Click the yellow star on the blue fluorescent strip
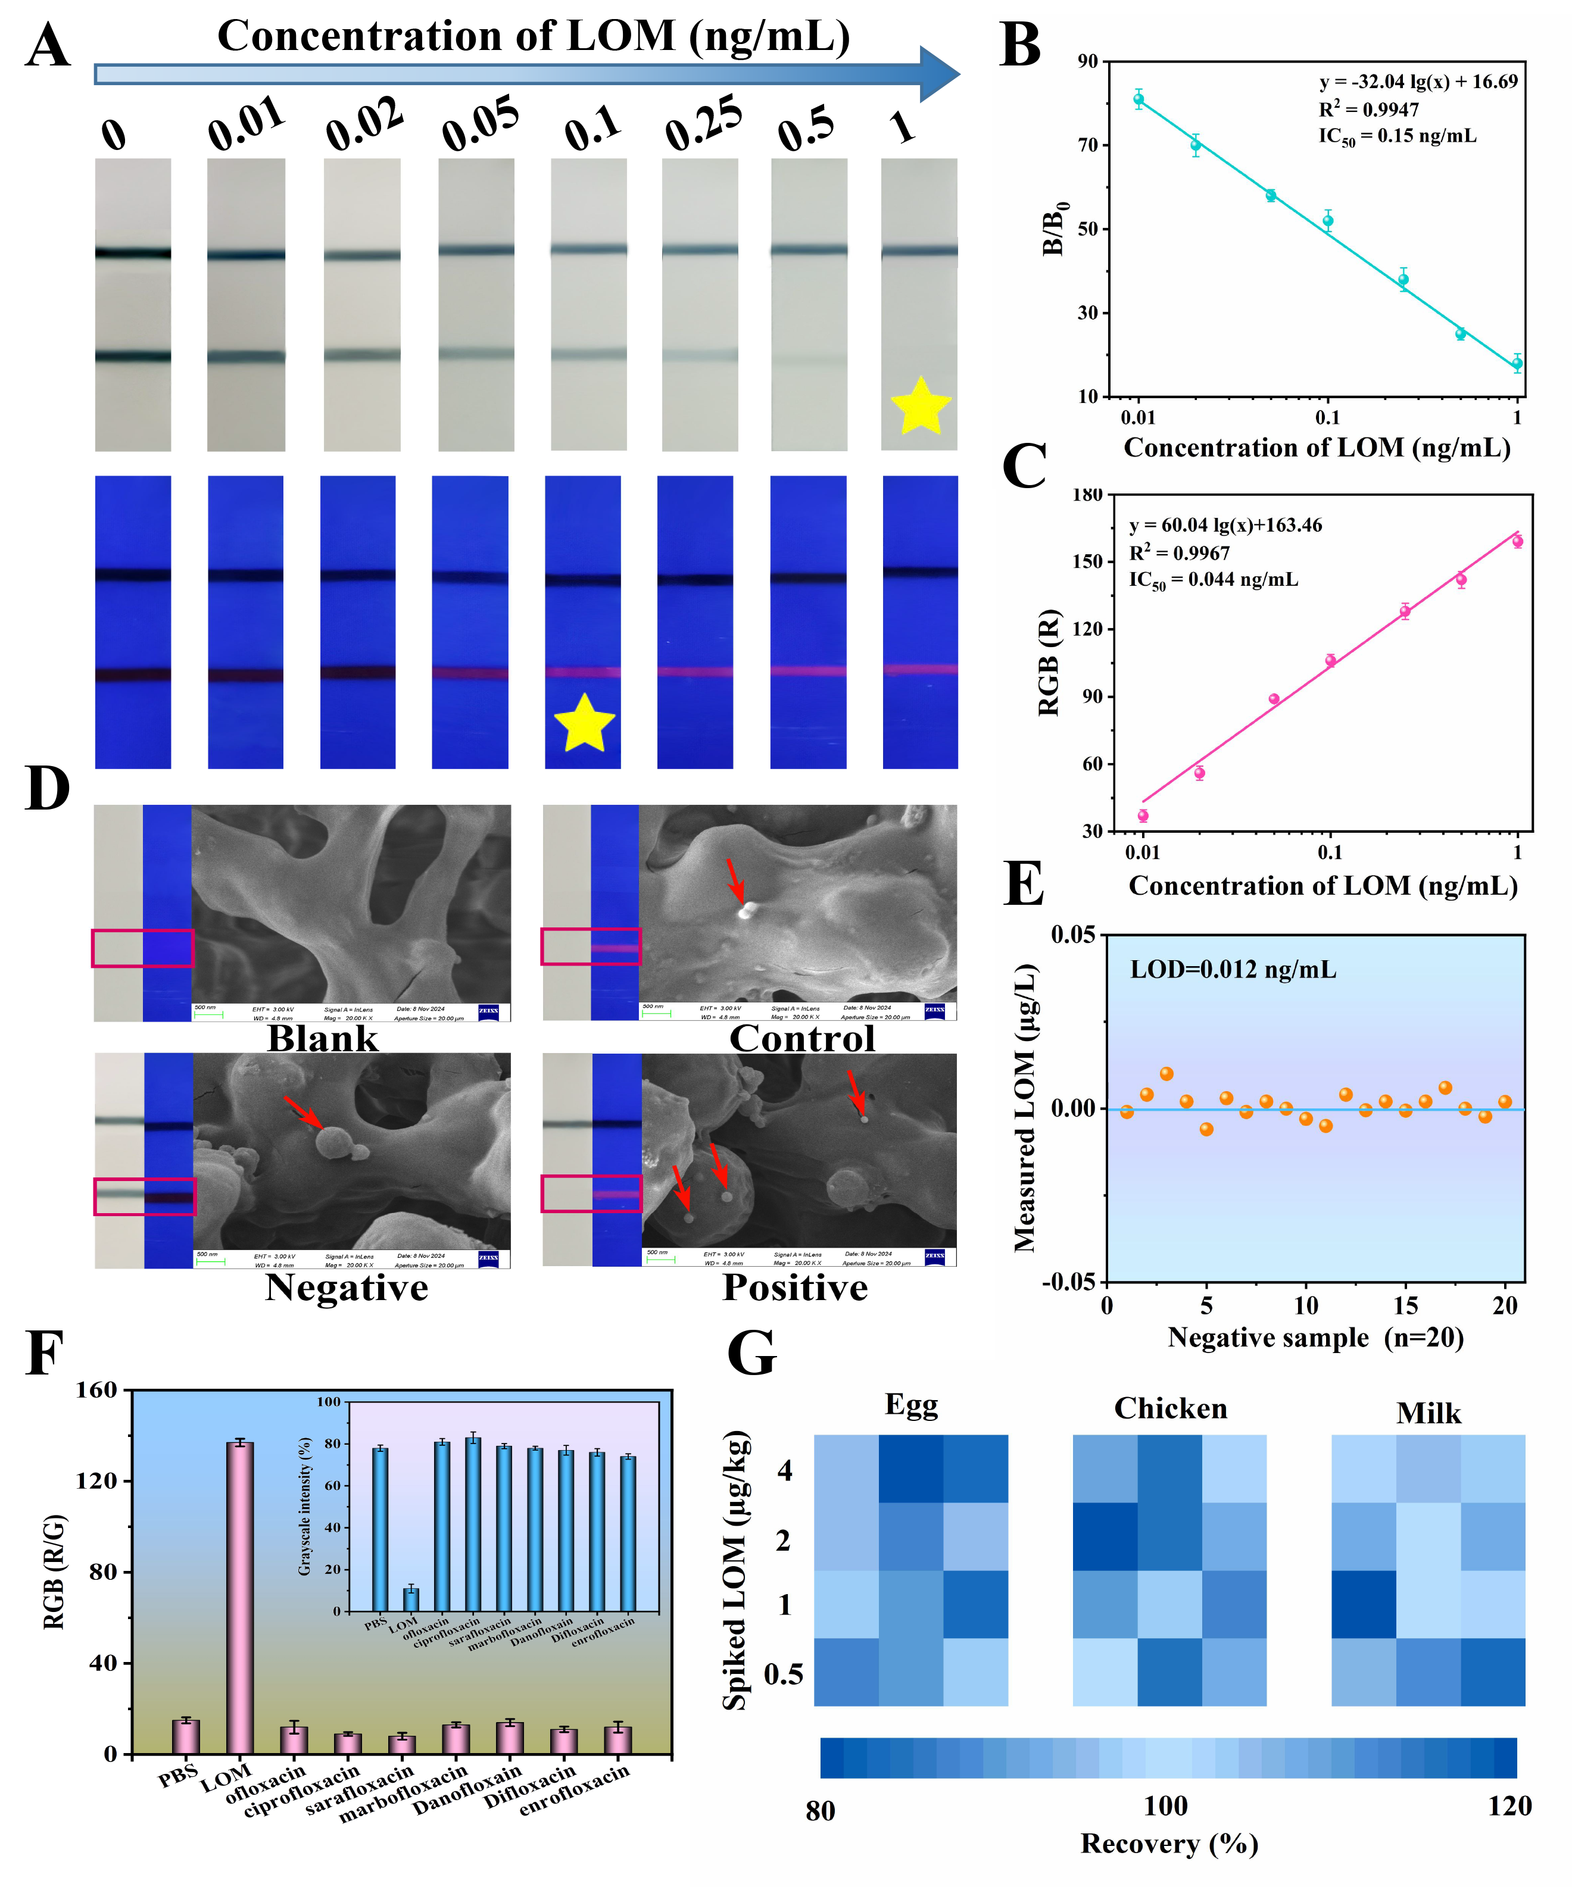click(x=584, y=723)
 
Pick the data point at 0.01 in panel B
click(x=1138, y=100)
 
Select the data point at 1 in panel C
click(x=1517, y=541)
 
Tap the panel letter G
click(x=751, y=1353)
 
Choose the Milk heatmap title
click(x=1428, y=1413)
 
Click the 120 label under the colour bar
click(x=1509, y=1806)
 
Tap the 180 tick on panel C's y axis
click(x=1087, y=495)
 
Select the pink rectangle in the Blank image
click(x=142, y=948)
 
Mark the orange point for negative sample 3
click(x=1166, y=1074)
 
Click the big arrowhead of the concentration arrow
click(x=938, y=74)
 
